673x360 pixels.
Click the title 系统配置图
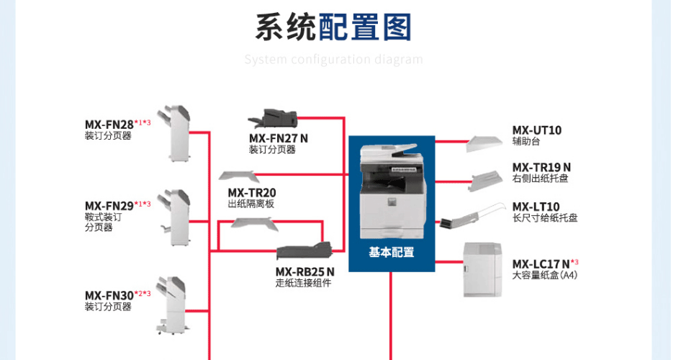tap(333, 27)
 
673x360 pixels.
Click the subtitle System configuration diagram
tap(333, 59)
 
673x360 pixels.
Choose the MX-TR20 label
tap(252, 193)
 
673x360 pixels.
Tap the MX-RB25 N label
tap(304, 272)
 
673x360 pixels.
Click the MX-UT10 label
tap(537, 130)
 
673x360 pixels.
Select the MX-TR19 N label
tap(541, 168)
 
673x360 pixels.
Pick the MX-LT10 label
tap(536, 207)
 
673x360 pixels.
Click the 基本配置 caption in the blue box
tap(392, 253)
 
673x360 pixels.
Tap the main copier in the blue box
tap(391, 191)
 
